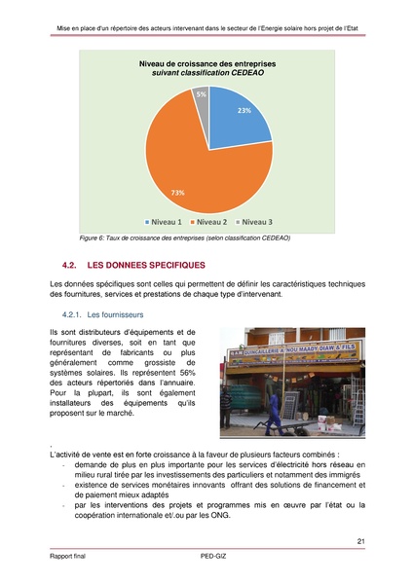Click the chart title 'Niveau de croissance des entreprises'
[x=207, y=64]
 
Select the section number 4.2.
[x=68, y=265]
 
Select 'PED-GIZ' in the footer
[x=206, y=561]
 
